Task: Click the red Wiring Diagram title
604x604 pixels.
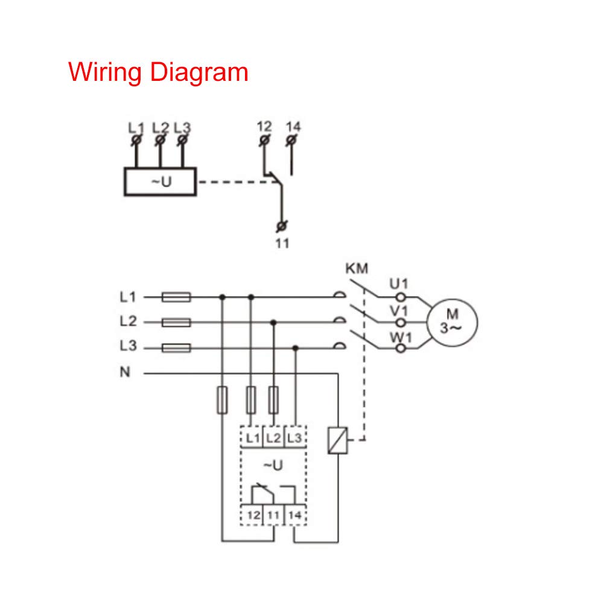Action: pyautogui.click(x=158, y=72)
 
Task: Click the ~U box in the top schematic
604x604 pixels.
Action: pyautogui.click(x=160, y=181)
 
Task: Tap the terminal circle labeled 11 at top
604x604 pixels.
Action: pyautogui.click(x=281, y=226)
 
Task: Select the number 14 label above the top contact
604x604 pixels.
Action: pyautogui.click(x=293, y=126)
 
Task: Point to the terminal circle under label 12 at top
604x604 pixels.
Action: pyautogui.click(x=264, y=140)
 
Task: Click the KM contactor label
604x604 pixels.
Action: pyautogui.click(x=357, y=269)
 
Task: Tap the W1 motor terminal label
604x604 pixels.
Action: pyautogui.click(x=399, y=337)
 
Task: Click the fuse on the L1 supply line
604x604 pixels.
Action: pyautogui.click(x=176, y=297)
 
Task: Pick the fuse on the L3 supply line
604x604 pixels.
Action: pyautogui.click(x=176, y=348)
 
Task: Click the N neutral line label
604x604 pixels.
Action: pyautogui.click(x=125, y=372)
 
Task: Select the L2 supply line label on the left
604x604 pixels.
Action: pyautogui.click(x=128, y=322)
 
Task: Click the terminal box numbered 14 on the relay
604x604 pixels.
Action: pyautogui.click(x=294, y=515)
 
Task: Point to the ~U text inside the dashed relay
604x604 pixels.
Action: pyautogui.click(x=273, y=465)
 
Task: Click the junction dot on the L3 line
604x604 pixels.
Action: pyautogui.click(x=295, y=348)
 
